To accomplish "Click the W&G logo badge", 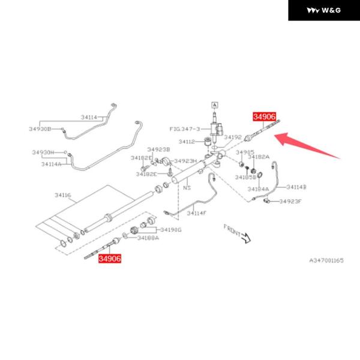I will [x=323, y=10].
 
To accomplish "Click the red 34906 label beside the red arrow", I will [x=265, y=117].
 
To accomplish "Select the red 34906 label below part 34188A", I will [x=110, y=259].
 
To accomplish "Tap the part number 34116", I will [x=62, y=195].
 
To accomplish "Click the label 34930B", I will [x=40, y=129].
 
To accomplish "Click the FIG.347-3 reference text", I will [x=184, y=128].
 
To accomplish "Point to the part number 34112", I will [x=188, y=142].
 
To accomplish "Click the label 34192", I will [x=233, y=137].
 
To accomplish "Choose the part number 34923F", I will [x=291, y=201].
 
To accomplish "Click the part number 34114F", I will [x=196, y=213].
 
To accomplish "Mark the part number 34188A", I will [x=148, y=238].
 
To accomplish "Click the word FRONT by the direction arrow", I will [x=232, y=229].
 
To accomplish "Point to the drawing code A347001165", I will [x=326, y=260].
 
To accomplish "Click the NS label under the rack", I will [x=187, y=188].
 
